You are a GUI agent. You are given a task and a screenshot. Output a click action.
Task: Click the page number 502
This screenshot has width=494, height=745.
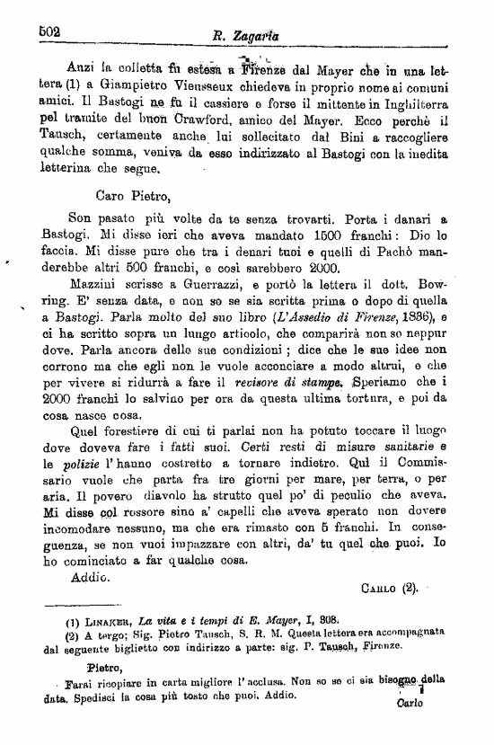pyautogui.click(x=49, y=30)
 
